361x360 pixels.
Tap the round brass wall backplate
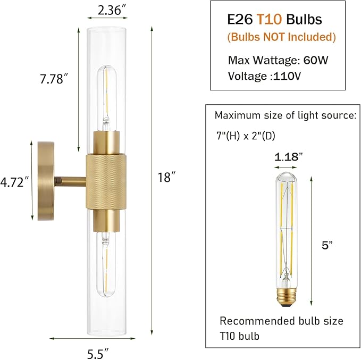click(x=46, y=181)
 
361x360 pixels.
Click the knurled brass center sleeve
click(x=106, y=181)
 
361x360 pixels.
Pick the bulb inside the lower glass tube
click(x=106, y=261)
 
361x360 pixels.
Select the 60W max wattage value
click(x=317, y=60)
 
